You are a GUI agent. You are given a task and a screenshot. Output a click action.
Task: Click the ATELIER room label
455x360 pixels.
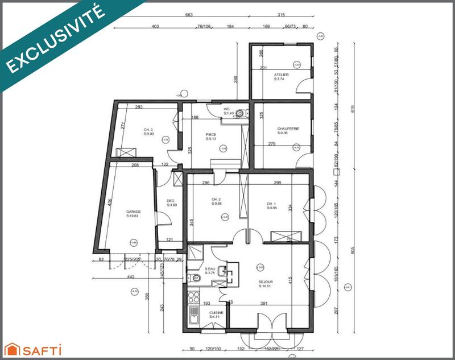[281, 75]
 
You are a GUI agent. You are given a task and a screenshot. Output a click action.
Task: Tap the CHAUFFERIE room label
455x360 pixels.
[288, 129]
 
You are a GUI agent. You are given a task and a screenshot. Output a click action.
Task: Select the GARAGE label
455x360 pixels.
[134, 212]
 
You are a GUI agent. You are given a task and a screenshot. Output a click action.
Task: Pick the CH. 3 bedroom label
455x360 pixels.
[148, 130]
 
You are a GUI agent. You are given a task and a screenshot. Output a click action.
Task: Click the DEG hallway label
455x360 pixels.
[170, 201]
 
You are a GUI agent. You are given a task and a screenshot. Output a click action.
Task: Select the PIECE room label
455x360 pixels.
[211, 135]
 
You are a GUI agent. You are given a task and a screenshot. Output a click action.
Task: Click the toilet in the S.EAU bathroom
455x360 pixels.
[196, 278]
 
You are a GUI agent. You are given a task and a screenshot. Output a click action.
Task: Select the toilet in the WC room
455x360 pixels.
[241, 114]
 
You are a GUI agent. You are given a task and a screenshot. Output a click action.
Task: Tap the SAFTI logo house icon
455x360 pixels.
[11, 349]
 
